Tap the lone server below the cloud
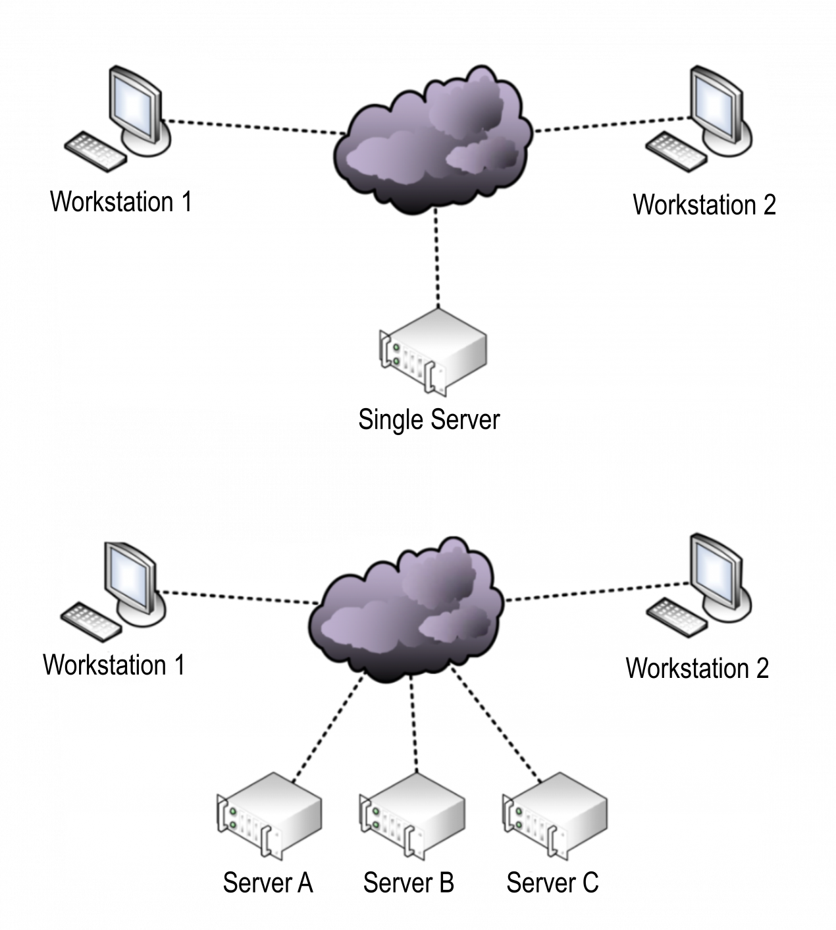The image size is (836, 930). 433,353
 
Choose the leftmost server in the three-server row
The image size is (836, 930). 269,815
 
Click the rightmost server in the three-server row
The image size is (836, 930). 555,815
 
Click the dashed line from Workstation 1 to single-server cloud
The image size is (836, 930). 253,128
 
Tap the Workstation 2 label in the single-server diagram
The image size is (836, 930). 703,205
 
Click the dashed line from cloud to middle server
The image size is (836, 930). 413,724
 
